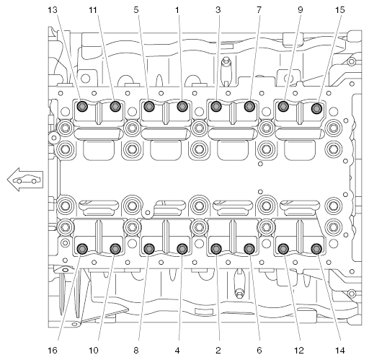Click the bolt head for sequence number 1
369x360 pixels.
pyautogui.click(x=182, y=106)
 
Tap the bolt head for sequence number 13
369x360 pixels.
pyautogui.click(x=82, y=106)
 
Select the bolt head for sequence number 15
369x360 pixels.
pyautogui.click(x=317, y=108)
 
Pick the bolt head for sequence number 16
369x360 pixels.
pyautogui.click(x=82, y=249)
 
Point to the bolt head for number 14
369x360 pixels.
pyautogui.click(x=317, y=249)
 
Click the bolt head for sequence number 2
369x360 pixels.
pyautogui.click(x=216, y=249)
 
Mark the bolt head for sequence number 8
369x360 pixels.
pyautogui.click(x=149, y=249)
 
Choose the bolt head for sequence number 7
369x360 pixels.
pyautogui.click(x=250, y=106)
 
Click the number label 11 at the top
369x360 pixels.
pyautogui.click(x=93, y=10)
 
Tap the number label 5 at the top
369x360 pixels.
pyautogui.click(x=136, y=10)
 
